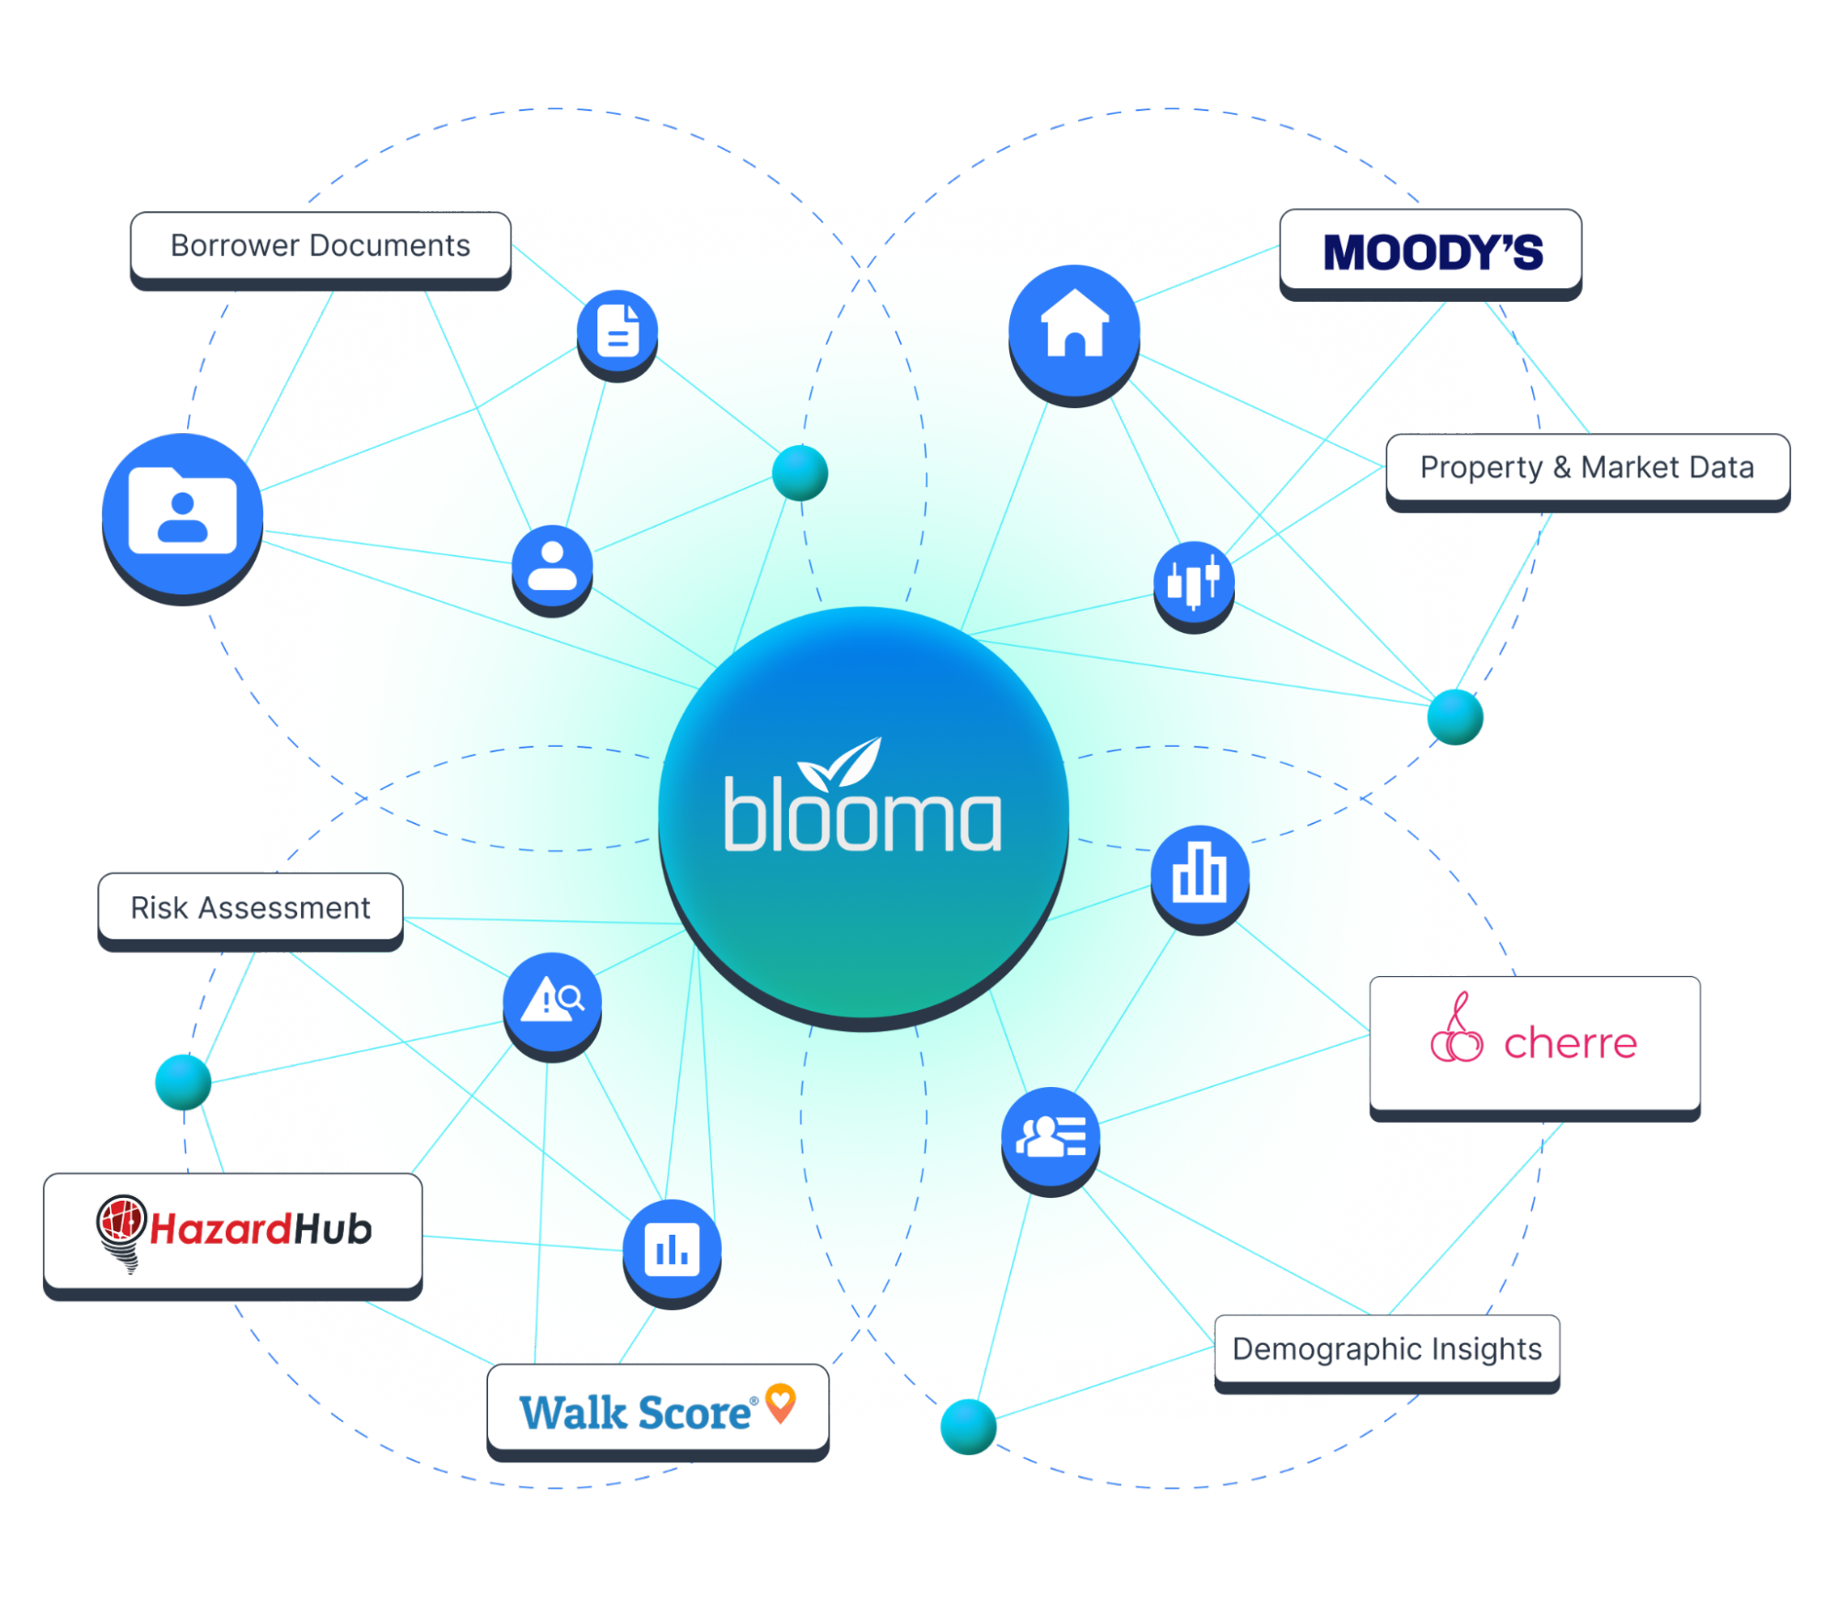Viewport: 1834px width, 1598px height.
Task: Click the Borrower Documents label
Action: tap(320, 246)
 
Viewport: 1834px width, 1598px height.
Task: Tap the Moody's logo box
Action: tap(1430, 251)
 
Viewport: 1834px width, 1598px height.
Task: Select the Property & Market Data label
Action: tap(1587, 468)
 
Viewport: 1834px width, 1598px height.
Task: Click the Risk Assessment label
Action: tap(250, 907)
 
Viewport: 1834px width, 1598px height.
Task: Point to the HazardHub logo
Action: tap(234, 1230)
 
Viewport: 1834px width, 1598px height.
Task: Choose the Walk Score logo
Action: tap(657, 1409)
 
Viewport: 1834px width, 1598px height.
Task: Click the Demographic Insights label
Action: tap(1386, 1348)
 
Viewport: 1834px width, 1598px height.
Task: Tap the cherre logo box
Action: tap(1534, 1044)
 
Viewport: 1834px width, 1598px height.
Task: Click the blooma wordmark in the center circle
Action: tap(862, 818)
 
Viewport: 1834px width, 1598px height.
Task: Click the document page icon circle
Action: tap(618, 330)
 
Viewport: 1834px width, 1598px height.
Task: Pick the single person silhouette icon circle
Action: tap(552, 565)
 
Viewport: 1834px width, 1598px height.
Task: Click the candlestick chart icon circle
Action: tap(1194, 582)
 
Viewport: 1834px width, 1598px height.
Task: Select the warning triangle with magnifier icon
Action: tap(552, 1000)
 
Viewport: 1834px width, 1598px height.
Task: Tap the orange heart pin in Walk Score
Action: tap(781, 1402)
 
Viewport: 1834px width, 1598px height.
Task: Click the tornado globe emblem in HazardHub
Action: tap(121, 1230)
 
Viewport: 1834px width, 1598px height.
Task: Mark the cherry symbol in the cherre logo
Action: tap(1456, 1031)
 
